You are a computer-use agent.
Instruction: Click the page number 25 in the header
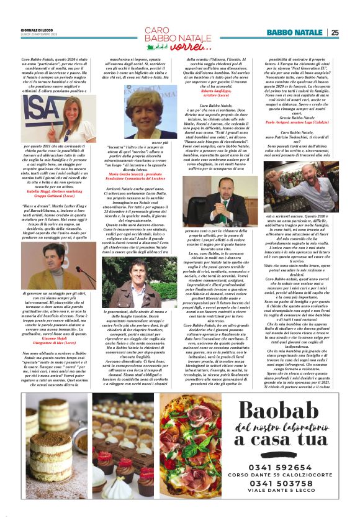point(335,33)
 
